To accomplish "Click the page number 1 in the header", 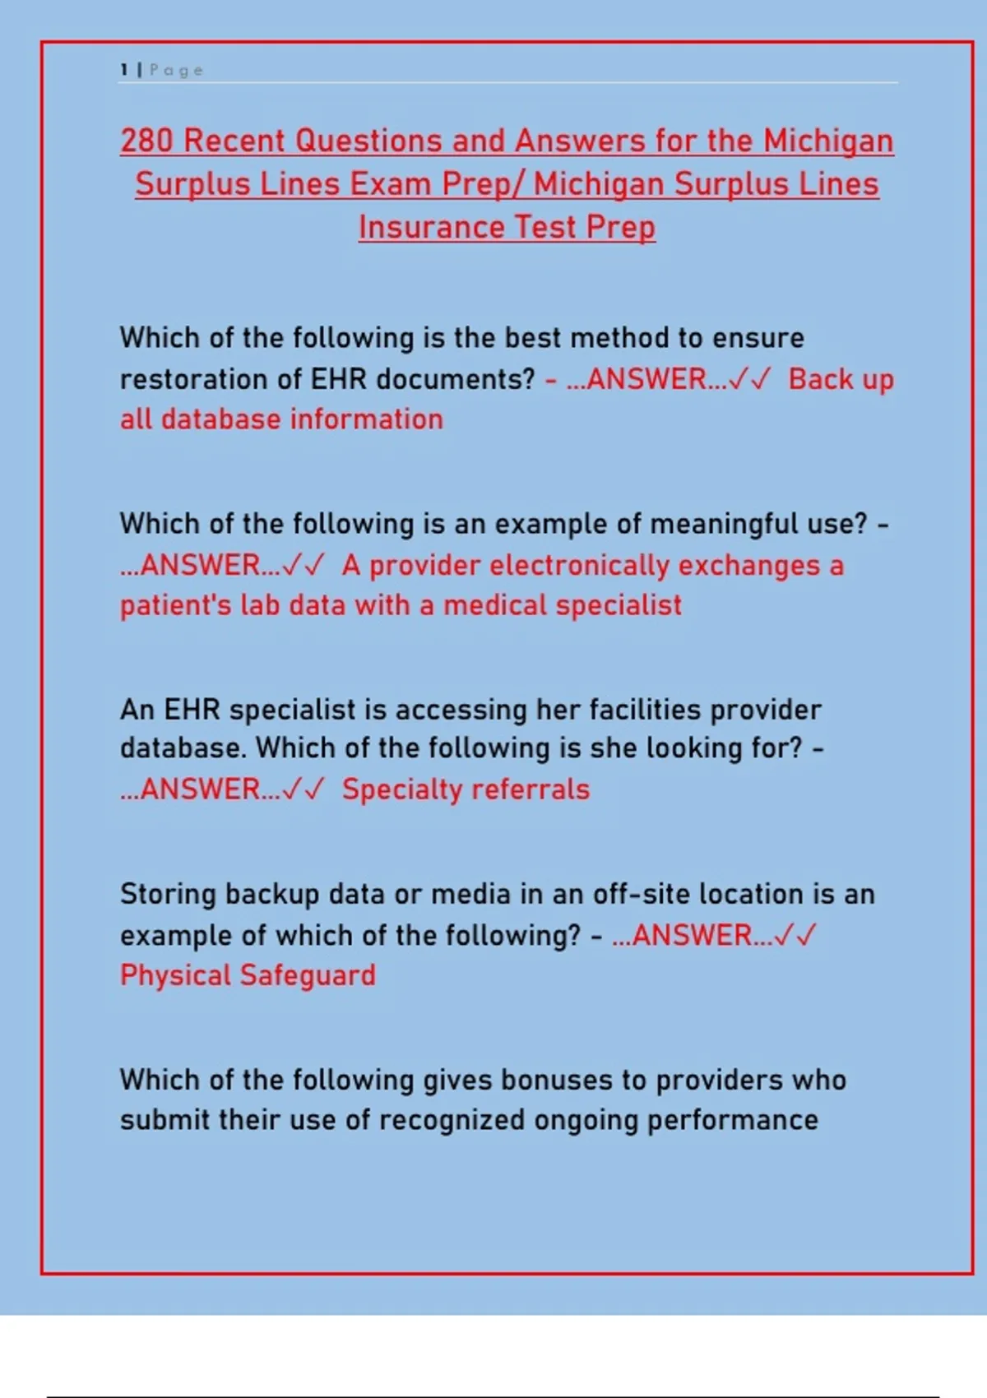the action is tap(124, 70).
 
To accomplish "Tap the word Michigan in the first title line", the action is tap(828, 142).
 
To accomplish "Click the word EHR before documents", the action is tap(339, 379).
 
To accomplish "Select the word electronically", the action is tap(579, 566).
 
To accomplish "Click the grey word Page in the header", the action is tap(177, 71).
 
